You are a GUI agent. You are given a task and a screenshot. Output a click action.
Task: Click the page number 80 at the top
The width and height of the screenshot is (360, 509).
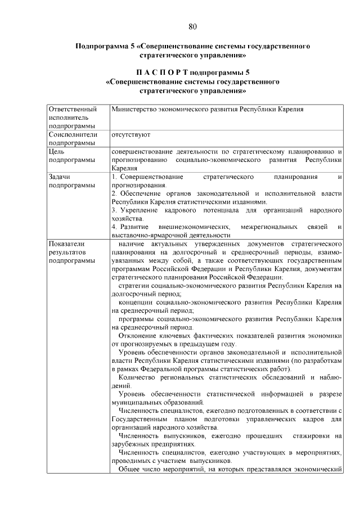(x=192, y=26)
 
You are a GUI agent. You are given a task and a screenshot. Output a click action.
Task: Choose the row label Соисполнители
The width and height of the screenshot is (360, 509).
(x=73, y=135)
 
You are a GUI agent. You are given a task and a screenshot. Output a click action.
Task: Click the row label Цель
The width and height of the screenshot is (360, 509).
(x=57, y=151)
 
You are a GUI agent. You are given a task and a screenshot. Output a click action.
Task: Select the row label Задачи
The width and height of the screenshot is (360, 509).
(x=60, y=177)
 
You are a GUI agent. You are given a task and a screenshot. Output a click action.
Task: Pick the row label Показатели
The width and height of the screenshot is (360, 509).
(x=66, y=244)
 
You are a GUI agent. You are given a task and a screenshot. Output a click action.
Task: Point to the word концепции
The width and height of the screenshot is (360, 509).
(x=138, y=303)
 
